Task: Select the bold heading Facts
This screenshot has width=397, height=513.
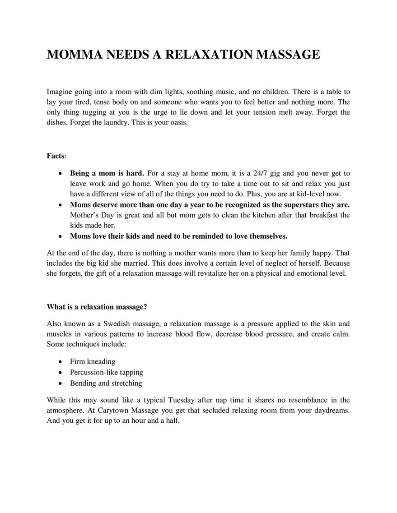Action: pyautogui.click(x=56, y=156)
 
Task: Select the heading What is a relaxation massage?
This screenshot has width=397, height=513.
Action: pyautogui.click(x=97, y=307)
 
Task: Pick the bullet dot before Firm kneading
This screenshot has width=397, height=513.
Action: pyautogui.click(x=61, y=362)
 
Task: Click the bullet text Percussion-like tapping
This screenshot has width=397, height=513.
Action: pyautogui.click(x=107, y=372)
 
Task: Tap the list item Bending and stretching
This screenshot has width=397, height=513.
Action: pyautogui.click(x=106, y=383)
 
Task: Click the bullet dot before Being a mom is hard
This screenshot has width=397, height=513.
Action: pyautogui.click(x=61, y=173)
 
